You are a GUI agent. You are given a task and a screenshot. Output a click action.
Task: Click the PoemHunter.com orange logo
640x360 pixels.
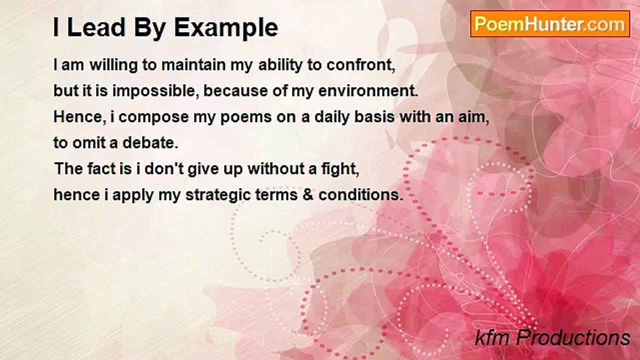pyautogui.click(x=550, y=24)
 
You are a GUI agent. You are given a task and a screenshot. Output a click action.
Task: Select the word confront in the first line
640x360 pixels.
pyautogui.click(x=361, y=65)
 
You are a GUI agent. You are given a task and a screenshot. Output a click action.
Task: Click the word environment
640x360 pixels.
pyautogui.click(x=368, y=91)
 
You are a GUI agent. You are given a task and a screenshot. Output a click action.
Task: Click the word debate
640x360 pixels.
pyautogui.click(x=150, y=142)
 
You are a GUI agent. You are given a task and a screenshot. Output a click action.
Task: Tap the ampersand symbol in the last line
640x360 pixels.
pyautogui.click(x=308, y=195)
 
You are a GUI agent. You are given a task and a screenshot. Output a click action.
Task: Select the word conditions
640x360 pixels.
pyautogui.click(x=361, y=195)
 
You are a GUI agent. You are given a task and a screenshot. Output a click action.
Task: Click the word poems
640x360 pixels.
pyautogui.click(x=246, y=117)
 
